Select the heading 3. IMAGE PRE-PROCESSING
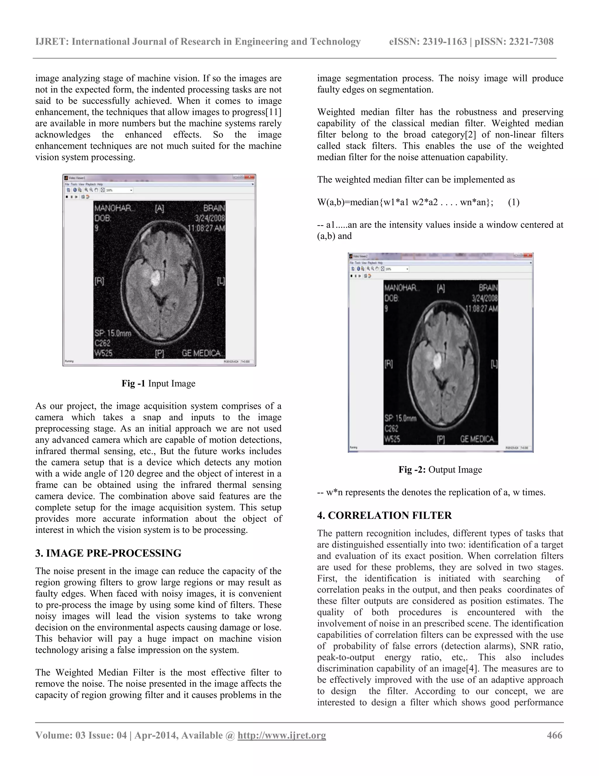(108, 553)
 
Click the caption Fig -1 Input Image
(158, 383)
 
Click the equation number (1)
(514, 202)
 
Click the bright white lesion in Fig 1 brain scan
(155, 278)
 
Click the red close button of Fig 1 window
(252, 177)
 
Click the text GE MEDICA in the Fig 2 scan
(479, 439)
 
